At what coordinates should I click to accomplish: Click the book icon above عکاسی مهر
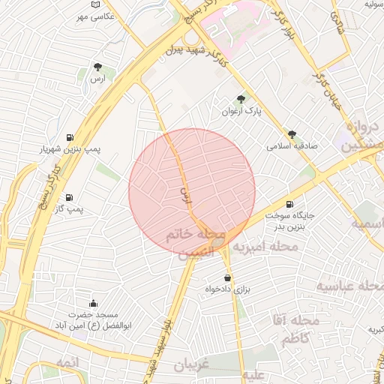click(94, 5)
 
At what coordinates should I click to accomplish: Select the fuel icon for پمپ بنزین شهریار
click(70, 137)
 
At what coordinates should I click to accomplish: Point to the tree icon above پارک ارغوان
click(241, 99)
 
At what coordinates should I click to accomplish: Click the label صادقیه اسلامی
click(292, 146)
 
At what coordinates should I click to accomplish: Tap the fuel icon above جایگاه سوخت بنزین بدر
click(289, 204)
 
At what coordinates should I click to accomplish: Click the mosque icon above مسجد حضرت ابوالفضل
click(92, 303)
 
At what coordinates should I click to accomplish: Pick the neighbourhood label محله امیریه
click(264, 246)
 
